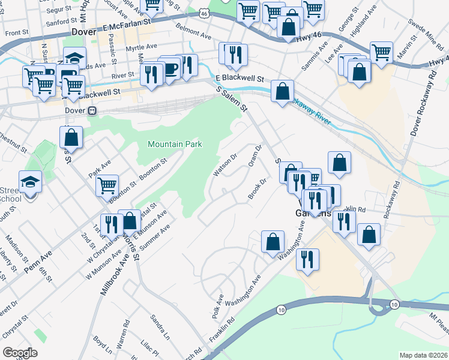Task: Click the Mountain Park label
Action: click(175, 144)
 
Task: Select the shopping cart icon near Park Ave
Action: click(107, 185)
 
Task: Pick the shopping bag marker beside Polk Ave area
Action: click(273, 242)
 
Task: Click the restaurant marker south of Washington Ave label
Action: click(307, 259)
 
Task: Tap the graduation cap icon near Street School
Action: click(31, 181)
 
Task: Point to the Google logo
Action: click(19, 353)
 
